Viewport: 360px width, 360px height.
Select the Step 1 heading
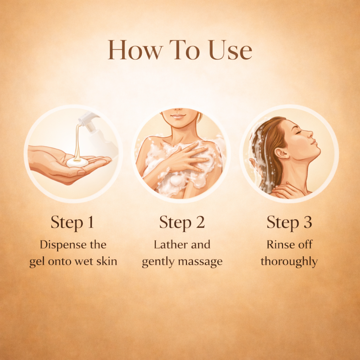72,223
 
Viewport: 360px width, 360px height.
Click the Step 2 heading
182,223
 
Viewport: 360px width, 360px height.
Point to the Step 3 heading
289,223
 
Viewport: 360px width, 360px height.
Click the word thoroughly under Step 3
289,262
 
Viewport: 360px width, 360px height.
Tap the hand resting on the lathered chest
184,159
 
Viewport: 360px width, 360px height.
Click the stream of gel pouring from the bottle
77,142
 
